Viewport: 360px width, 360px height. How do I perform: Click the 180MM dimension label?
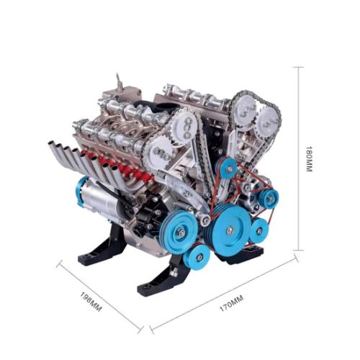[309, 159]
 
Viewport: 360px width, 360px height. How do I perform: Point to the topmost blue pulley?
[228, 168]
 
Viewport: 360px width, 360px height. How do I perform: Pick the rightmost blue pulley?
[270, 197]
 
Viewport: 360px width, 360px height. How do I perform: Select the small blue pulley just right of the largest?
[258, 230]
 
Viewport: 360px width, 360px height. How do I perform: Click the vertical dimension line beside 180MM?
[297, 159]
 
